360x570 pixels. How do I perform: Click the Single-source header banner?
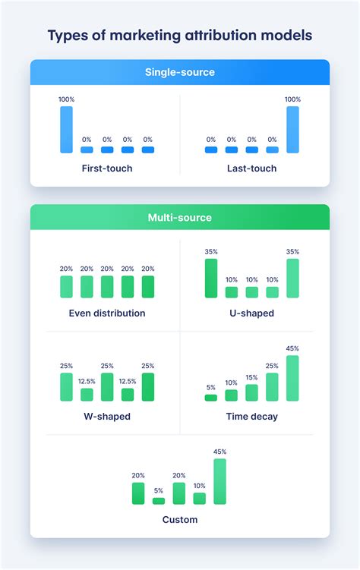180,72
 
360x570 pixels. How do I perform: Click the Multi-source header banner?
180,218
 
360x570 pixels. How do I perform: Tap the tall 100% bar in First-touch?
66,130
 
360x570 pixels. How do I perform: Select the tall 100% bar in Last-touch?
292,130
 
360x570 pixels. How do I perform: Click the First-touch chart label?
106,168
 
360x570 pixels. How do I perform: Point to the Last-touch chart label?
251,168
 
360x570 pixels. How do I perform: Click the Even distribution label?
106,313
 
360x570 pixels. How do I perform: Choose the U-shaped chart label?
251,313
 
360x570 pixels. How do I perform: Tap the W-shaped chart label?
106,416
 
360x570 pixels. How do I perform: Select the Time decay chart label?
251,416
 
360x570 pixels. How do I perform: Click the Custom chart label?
180,520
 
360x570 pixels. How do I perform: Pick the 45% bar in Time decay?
292,378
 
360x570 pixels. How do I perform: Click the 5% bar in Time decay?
211,397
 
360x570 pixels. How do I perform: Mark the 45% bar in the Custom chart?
220,481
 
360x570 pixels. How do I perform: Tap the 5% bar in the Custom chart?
159,501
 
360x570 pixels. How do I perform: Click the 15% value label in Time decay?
251,377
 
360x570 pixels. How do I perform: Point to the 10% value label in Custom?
200,486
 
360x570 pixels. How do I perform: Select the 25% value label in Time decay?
272,366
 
